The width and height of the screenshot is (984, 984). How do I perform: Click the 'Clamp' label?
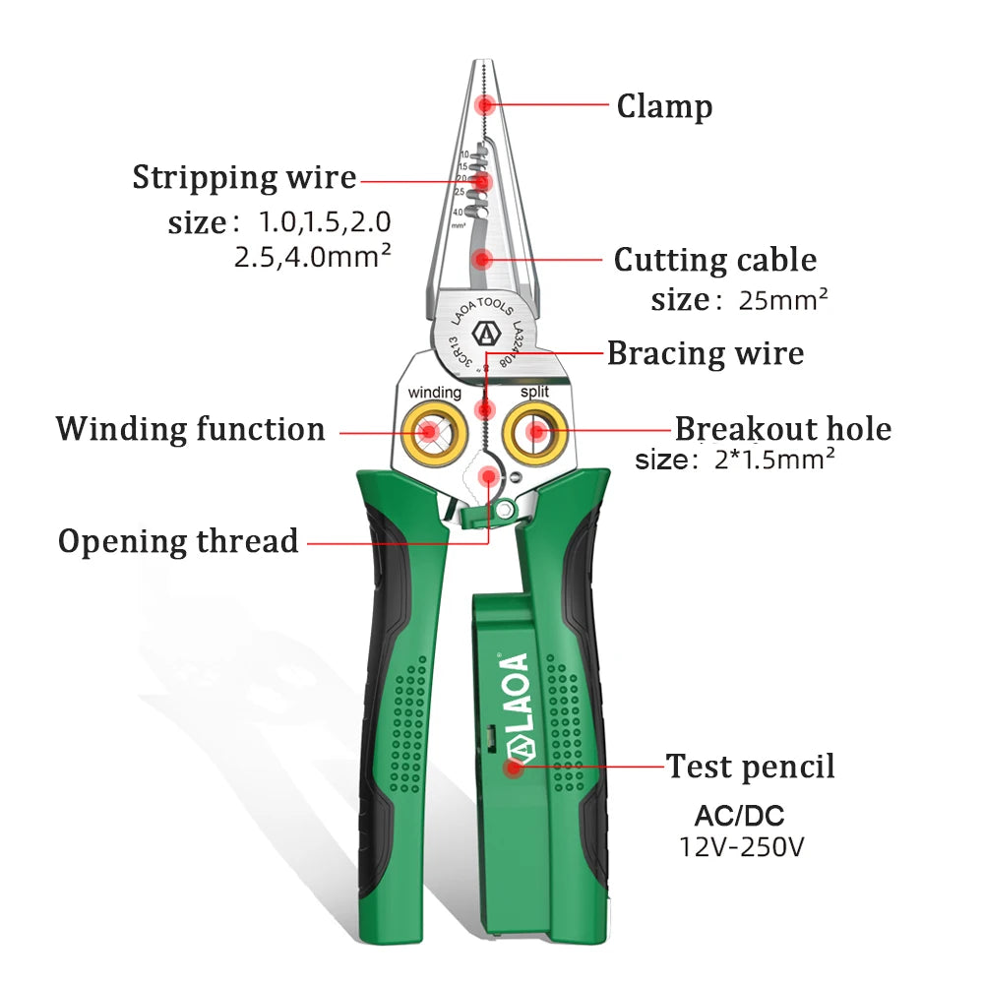[664, 106]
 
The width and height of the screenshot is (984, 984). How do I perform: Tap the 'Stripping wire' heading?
[244, 178]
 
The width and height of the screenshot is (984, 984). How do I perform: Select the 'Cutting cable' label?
[715, 260]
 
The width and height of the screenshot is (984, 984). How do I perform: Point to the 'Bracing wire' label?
[705, 352]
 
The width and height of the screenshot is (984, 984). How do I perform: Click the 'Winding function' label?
[190, 429]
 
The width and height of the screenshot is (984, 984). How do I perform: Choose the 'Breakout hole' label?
[782, 429]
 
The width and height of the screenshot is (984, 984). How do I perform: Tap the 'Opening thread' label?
[178, 541]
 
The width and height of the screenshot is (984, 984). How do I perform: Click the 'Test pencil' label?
[750, 766]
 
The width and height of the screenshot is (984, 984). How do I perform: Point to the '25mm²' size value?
[783, 299]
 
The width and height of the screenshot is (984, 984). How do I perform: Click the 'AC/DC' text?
[740, 815]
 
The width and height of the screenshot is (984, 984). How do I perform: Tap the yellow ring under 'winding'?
[430, 431]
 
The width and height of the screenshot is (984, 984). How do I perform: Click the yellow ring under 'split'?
[535, 431]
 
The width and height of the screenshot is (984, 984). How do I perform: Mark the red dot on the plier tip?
[483, 104]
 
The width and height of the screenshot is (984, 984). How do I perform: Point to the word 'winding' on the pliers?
[434, 393]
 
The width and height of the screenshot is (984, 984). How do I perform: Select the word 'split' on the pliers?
[535, 392]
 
